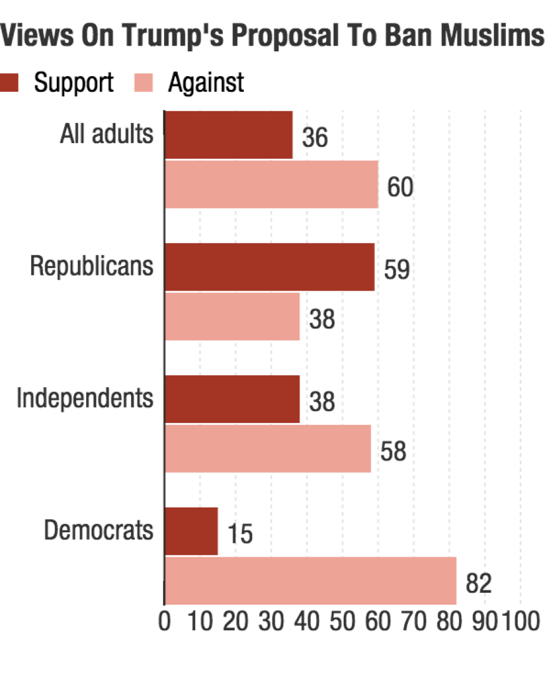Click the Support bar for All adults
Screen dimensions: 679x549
(x=228, y=135)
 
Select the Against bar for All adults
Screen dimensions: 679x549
(x=271, y=184)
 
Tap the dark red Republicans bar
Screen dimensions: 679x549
(x=270, y=267)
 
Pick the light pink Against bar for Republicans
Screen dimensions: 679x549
(x=232, y=317)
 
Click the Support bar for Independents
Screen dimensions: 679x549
(x=232, y=399)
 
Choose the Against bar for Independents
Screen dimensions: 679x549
(x=268, y=449)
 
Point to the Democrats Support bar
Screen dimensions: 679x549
(x=192, y=531)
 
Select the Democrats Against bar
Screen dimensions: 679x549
(x=310, y=580)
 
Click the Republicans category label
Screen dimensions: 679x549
(x=92, y=266)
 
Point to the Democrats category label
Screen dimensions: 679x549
(x=98, y=530)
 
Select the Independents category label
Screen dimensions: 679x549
(x=85, y=398)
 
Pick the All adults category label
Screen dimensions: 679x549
(x=107, y=134)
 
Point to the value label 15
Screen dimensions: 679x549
(x=240, y=535)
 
